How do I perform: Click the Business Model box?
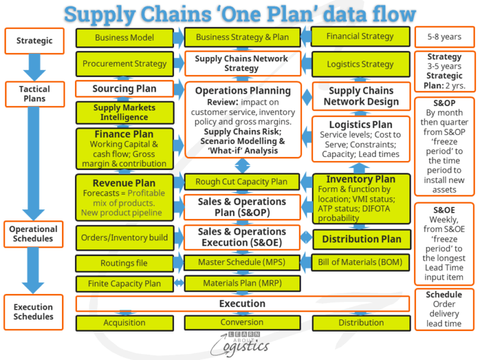(124, 37)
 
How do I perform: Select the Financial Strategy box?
(360, 37)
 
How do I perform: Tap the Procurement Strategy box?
(124, 64)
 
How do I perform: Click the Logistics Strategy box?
(360, 64)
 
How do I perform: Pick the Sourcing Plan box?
(124, 89)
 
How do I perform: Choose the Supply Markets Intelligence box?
(124, 112)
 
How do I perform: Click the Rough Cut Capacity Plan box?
(242, 182)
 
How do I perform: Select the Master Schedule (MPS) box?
(242, 262)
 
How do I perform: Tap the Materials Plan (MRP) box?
(242, 283)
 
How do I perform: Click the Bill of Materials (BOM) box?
(360, 262)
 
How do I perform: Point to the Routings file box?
(124, 263)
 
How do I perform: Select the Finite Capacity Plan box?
(124, 283)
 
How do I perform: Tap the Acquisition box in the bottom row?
(124, 322)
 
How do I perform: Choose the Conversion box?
(242, 322)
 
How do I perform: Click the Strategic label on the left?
(34, 41)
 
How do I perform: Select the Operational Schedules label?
(34, 233)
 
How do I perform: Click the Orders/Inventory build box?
(124, 237)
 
